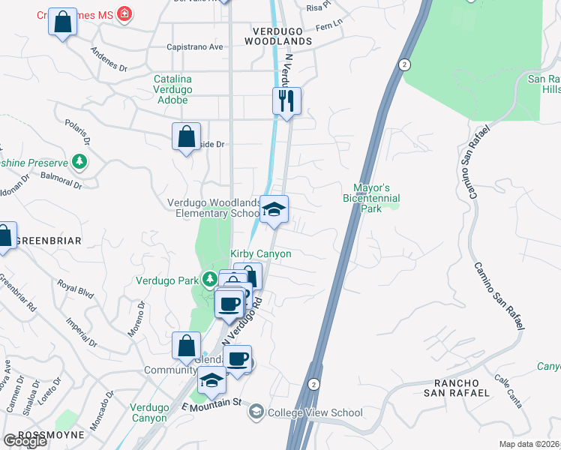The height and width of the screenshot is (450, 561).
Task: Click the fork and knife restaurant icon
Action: [286, 100]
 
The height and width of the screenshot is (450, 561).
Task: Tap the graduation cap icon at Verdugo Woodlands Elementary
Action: [274, 209]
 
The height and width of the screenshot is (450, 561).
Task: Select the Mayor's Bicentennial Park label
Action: [376, 198]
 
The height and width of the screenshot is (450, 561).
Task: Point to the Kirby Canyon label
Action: [260, 254]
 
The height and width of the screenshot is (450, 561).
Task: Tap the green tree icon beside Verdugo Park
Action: [209, 281]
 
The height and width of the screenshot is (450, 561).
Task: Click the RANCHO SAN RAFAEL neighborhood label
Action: [457, 386]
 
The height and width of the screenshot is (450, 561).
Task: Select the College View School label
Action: [316, 412]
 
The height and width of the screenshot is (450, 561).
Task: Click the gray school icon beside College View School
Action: [256, 412]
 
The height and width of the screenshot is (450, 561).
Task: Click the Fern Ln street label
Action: [328, 26]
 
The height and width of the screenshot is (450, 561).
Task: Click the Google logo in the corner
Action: [25, 441]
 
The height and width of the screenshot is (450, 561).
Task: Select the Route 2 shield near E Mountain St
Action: [313, 383]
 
